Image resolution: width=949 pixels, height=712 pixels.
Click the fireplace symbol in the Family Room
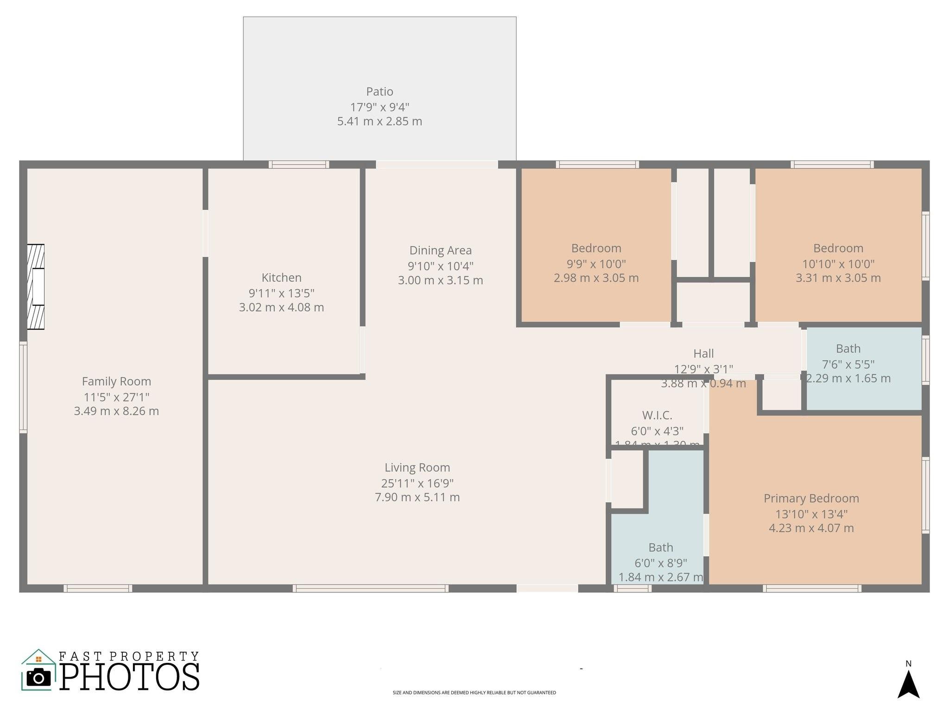[x=36, y=286]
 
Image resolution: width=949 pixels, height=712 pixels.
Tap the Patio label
[x=380, y=92]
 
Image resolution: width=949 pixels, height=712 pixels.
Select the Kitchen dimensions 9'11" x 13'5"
[x=281, y=293]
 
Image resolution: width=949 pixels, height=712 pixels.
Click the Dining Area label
[x=440, y=250]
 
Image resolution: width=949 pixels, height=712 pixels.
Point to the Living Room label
[x=417, y=467]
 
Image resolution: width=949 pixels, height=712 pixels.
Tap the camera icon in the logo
[x=39, y=677]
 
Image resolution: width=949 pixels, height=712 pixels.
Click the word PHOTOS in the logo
[x=130, y=677]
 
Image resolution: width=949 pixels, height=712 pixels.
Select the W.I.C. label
[x=657, y=415]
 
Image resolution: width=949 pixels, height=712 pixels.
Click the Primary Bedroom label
[x=811, y=498]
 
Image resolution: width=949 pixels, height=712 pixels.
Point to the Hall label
[x=703, y=354]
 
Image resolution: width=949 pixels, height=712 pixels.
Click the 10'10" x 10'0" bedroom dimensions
[x=838, y=264]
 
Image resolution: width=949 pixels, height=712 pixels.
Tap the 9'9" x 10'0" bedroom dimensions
[x=596, y=264]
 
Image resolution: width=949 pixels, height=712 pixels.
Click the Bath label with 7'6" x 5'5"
[x=848, y=349]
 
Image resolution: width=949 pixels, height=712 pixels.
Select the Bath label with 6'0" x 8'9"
[x=661, y=547]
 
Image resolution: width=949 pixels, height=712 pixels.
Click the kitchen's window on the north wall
[x=299, y=165]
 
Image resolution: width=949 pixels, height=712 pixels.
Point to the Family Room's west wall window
[x=23, y=388]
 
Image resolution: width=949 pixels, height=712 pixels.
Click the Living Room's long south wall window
[x=371, y=588]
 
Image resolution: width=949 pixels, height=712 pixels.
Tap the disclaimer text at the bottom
[x=474, y=693]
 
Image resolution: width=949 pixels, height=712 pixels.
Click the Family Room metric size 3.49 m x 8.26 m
[x=116, y=411]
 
